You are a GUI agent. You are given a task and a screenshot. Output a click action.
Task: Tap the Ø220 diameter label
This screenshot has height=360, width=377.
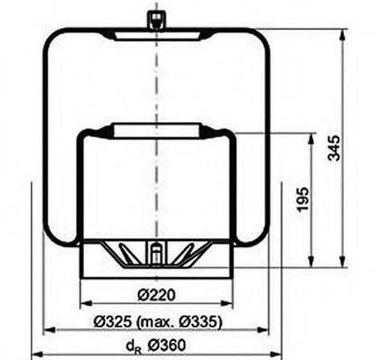[157, 293]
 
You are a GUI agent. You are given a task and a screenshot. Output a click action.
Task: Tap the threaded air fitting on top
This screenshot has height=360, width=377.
[157, 18]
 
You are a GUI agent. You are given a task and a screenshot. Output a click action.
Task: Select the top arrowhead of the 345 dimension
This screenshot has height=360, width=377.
[344, 34]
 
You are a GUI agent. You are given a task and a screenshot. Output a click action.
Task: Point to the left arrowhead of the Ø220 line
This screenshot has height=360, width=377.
[85, 305]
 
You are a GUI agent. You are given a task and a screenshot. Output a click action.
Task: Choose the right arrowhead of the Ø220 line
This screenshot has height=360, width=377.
[230, 305]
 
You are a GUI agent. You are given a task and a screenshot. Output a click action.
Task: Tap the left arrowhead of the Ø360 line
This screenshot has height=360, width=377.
[35, 355]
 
